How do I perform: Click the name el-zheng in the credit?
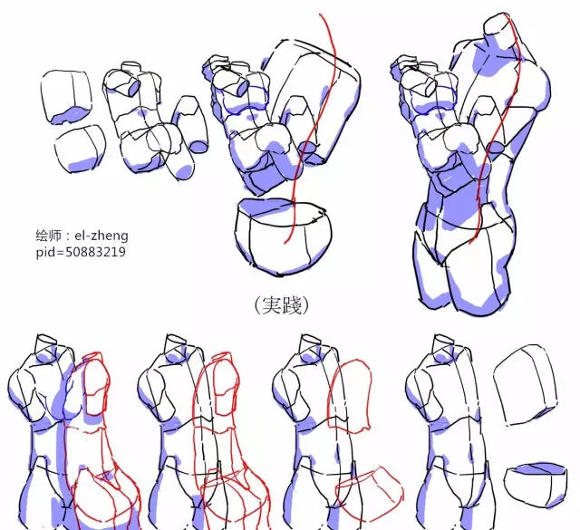coord(101,236)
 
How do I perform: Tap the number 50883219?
coord(95,252)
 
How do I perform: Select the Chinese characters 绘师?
coord(48,236)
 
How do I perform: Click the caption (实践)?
coord(282,304)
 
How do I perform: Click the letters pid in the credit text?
coord(44,253)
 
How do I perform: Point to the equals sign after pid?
coord(59,253)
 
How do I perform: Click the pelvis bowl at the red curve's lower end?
coord(283,237)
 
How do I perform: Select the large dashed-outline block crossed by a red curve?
coord(314,100)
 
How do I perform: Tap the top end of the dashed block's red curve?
coord(320,14)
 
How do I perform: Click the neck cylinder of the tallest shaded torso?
coord(500,30)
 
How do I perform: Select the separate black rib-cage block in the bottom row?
coord(526,385)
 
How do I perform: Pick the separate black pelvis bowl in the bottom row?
coord(535,486)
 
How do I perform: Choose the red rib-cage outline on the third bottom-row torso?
coord(350,396)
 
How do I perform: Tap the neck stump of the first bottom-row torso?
coord(45,344)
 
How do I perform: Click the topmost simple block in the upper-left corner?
coord(66,97)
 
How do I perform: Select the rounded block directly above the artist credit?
coord(81,149)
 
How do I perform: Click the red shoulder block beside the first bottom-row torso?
coord(96,385)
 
